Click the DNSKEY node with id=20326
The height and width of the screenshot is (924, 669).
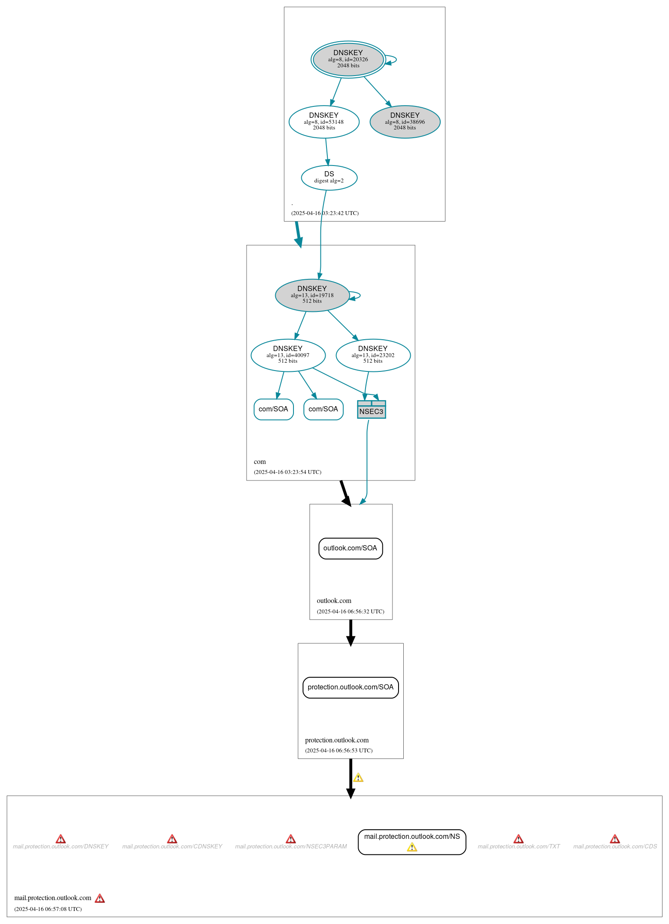348,60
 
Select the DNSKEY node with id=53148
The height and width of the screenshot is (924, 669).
324,122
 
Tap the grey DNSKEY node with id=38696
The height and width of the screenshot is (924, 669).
405,122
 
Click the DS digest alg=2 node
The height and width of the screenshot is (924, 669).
329,177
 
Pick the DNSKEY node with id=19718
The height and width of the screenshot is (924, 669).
312,295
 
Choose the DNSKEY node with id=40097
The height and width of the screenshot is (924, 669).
288,355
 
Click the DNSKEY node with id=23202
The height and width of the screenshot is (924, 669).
373,355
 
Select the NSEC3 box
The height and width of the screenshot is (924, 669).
371,410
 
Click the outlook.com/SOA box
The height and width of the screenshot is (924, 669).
350,548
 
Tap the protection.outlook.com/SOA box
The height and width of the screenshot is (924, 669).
350,687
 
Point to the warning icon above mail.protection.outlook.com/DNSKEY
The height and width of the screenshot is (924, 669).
61,838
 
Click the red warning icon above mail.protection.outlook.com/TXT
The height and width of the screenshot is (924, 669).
518,838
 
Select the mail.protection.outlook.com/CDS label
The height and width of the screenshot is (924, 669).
615,846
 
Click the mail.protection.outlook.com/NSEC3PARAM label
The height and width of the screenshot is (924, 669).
291,846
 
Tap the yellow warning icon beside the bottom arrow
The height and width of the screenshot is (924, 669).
358,777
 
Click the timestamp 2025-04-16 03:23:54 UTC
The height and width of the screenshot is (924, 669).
287,472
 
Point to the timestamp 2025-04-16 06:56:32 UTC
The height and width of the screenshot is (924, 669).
350,611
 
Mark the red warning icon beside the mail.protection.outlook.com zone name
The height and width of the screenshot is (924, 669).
100,898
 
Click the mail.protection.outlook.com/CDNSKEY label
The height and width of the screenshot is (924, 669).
172,846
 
